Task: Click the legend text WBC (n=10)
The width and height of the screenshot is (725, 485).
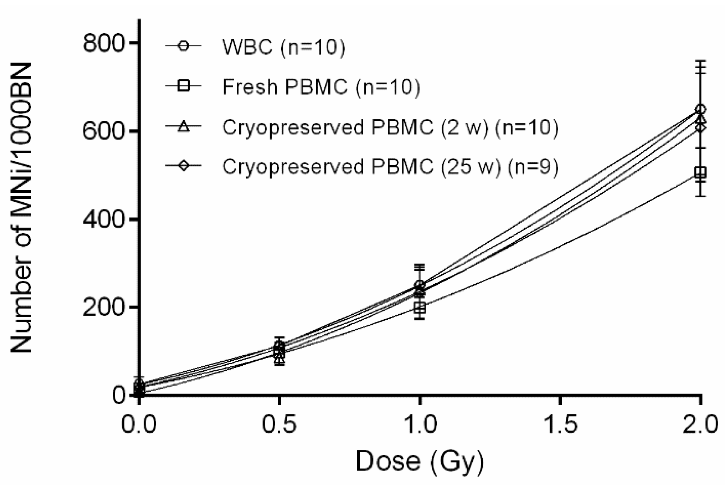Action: [x=283, y=47]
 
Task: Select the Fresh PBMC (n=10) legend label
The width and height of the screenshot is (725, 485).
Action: [x=321, y=87]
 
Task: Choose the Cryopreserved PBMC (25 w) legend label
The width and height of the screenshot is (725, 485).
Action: [x=390, y=166]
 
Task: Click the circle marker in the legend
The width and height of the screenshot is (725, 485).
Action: [x=183, y=46]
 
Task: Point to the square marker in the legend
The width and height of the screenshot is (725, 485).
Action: [x=183, y=86]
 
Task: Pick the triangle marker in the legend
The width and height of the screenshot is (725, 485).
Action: [x=183, y=127]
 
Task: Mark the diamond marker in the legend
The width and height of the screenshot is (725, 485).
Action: [x=183, y=166]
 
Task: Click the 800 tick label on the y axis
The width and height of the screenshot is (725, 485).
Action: [x=103, y=44]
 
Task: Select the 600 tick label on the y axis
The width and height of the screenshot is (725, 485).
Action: [x=103, y=131]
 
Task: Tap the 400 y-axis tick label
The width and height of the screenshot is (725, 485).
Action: [x=103, y=219]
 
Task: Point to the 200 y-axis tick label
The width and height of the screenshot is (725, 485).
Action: [x=103, y=307]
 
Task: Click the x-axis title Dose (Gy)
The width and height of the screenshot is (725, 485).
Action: [x=419, y=461]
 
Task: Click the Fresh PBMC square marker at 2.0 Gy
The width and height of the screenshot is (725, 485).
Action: [x=700, y=173]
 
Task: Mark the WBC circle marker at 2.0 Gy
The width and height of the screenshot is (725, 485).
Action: [x=700, y=110]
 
